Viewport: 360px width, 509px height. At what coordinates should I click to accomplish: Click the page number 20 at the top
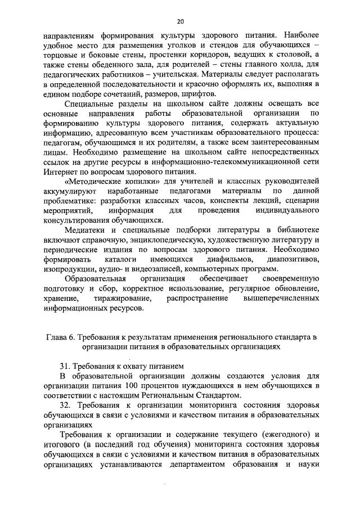pos(180,21)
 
